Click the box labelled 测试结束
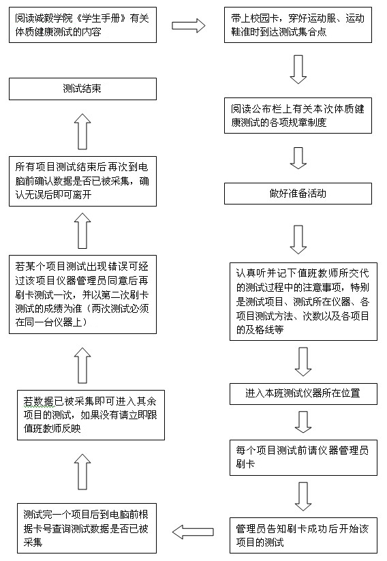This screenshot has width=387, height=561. (82, 89)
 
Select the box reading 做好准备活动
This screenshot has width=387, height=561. (298, 194)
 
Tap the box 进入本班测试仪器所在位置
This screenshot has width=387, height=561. (303, 394)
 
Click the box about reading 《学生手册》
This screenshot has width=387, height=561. (82, 25)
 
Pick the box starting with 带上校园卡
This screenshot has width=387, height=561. (298, 25)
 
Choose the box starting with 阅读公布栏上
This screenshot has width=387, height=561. (298, 116)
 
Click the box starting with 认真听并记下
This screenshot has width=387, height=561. (303, 301)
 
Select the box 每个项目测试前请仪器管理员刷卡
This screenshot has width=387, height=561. (303, 457)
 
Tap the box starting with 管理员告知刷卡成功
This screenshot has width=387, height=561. (303, 535)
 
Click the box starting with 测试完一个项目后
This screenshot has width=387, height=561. (87, 528)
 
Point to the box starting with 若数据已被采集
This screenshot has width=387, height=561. (91, 415)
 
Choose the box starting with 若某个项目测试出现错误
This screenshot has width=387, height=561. (82, 294)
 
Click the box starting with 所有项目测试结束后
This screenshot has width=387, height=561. (82, 181)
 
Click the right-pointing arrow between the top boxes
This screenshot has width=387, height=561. (189, 25)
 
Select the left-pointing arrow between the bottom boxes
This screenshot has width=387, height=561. (193, 532)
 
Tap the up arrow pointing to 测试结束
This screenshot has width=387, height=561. (82, 132)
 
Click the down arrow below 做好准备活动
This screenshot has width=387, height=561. (298, 239)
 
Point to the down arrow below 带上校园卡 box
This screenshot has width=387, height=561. (298, 70)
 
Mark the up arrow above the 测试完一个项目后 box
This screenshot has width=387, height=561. (82, 472)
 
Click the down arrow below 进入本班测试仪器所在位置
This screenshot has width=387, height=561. (303, 422)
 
